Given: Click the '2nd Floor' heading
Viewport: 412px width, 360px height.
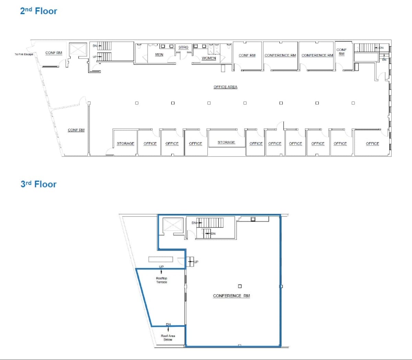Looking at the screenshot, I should [38, 11].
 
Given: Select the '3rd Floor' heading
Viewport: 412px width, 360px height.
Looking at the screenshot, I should [38, 184].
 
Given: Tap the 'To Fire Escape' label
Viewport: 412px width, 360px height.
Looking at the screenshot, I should [24, 54].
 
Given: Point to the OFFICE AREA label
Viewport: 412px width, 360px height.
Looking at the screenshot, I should [225, 87].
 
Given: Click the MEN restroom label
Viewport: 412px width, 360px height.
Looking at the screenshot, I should [159, 55].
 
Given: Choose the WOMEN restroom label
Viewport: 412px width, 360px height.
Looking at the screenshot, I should [209, 58].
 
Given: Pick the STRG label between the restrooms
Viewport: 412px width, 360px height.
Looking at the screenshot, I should [183, 47].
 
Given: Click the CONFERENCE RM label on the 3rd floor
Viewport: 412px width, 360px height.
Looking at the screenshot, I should [231, 295].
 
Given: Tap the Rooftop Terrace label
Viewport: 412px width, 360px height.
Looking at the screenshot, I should [161, 280].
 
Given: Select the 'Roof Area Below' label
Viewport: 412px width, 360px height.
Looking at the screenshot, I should [168, 338].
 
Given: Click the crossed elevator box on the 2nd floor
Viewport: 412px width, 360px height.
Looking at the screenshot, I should [78, 49].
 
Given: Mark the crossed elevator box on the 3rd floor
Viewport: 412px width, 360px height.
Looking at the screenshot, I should [173, 225].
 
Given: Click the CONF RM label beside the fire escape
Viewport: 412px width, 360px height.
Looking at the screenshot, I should [54, 53].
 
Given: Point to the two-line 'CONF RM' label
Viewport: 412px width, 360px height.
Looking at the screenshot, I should [341, 52].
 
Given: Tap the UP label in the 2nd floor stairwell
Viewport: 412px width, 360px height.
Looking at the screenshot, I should [95, 57].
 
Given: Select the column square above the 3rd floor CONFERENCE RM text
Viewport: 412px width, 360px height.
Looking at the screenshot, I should [240, 286].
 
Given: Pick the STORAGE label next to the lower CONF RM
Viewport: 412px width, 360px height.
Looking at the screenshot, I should [125, 143].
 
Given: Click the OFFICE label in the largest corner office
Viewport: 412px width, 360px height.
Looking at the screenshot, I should [372, 143].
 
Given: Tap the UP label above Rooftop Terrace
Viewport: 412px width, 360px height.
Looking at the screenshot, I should [161, 267].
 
